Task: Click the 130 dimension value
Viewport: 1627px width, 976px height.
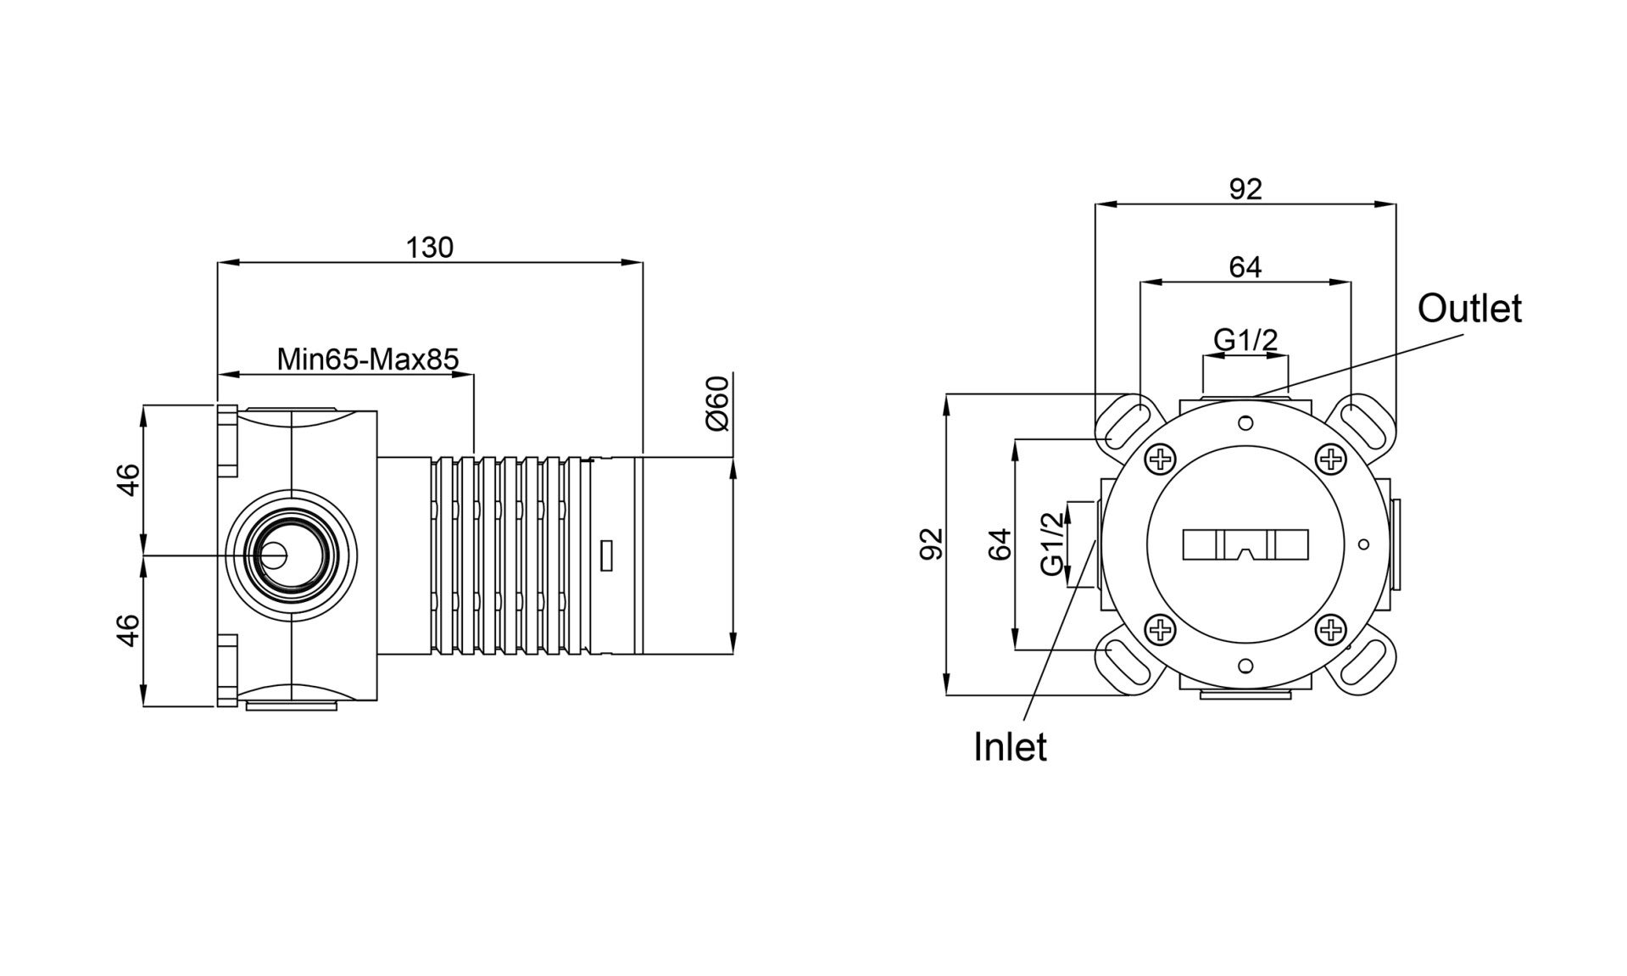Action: pos(430,248)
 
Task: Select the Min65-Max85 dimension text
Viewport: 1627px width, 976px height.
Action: pos(368,360)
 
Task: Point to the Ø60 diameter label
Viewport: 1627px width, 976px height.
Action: pos(717,403)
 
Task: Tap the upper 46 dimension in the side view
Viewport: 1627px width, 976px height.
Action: pos(127,480)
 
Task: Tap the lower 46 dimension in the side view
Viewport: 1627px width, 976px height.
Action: pos(127,630)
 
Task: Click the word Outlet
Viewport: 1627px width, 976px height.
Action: pos(1469,309)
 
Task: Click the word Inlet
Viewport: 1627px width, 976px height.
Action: pos(1010,747)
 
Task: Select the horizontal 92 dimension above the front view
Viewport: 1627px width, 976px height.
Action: pos(1245,189)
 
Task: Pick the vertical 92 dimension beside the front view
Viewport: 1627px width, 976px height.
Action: pos(931,544)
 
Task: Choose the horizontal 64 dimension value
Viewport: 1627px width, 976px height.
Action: pos(1245,267)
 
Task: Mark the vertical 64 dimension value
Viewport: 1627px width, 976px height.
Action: pos(1000,544)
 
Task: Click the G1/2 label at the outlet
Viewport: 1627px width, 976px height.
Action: pos(1245,340)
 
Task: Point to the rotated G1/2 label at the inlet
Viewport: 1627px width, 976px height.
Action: pos(1051,544)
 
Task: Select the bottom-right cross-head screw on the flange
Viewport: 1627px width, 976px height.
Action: pos(1332,629)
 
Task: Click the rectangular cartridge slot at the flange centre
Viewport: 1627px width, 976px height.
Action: pos(1245,545)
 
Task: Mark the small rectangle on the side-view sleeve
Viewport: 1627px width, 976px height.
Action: pos(606,555)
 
